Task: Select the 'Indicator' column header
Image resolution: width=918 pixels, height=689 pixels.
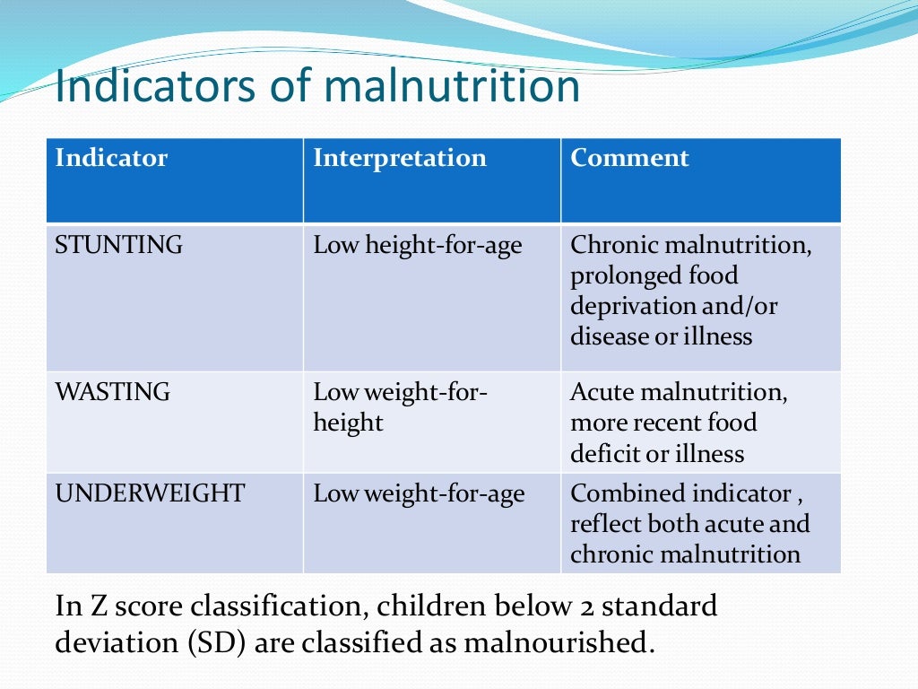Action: click(111, 159)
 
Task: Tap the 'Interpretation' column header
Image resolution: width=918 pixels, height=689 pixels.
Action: click(399, 159)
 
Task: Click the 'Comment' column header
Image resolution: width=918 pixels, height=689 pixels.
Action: click(629, 159)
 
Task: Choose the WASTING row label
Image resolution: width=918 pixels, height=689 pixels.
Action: click(112, 392)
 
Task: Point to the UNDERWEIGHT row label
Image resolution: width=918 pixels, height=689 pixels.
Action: click(149, 493)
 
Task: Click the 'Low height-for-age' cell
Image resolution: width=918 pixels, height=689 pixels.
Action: click(417, 245)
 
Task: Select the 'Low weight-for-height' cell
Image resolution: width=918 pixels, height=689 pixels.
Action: click(400, 407)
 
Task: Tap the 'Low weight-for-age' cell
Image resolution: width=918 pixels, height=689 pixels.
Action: click(419, 493)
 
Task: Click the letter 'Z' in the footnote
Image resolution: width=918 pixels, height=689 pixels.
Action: click(98, 607)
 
